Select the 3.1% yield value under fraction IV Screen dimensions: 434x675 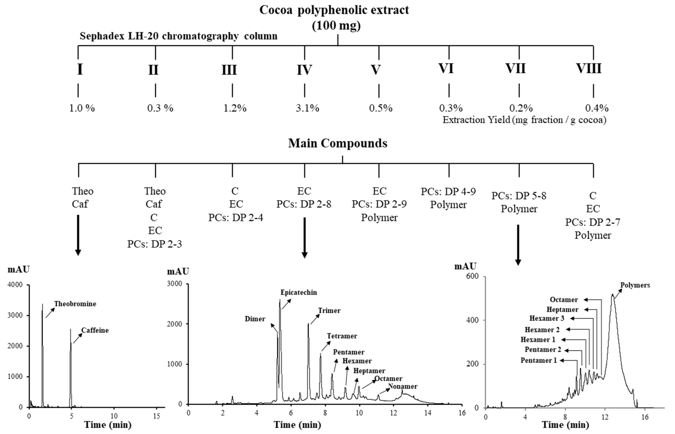[x=307, y=108]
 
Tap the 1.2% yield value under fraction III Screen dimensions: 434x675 [x=235, y=108]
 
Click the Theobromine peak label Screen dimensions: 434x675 [x=75, y=304]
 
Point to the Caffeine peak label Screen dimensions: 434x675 [x=95, y=330]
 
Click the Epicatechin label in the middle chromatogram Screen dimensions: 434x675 [x=299, y=292]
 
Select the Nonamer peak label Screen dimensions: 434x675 [x=403, y=386]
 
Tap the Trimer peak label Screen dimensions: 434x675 [x=329, y=311]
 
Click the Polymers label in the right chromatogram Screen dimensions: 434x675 [x=635, y=285]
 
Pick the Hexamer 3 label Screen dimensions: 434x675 [x=547, y=318]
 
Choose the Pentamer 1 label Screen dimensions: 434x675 [x=539, y=360]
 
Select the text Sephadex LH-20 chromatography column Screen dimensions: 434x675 [x=178, y=36]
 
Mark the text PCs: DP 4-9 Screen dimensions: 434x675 [x=448, y=192]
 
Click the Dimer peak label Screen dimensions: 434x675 [x=255, y=319]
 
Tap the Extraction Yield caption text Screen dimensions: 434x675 [x=524, y=120]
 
